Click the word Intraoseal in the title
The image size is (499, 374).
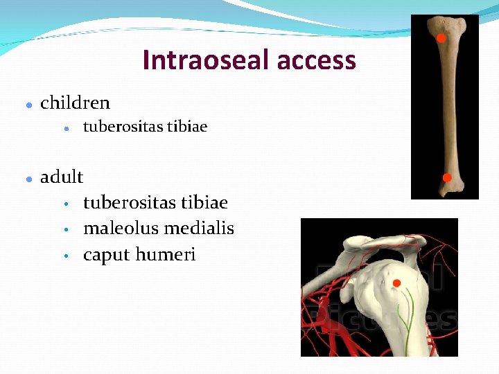click(206, 61)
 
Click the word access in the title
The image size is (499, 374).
click(316, 61)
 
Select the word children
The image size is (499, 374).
click(75, 103)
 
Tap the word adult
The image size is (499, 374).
click(62, 177)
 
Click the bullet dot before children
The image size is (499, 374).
click(26, 105)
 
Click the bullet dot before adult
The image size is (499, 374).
click(26, 179)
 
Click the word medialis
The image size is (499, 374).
click(202, 229)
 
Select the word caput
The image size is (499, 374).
click(106, 256)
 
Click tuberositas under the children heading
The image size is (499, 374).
click(123, 127)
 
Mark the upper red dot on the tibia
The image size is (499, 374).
click(440, 38)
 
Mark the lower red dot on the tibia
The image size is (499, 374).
click(447, 178)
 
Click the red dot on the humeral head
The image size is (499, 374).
click(396, 283)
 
